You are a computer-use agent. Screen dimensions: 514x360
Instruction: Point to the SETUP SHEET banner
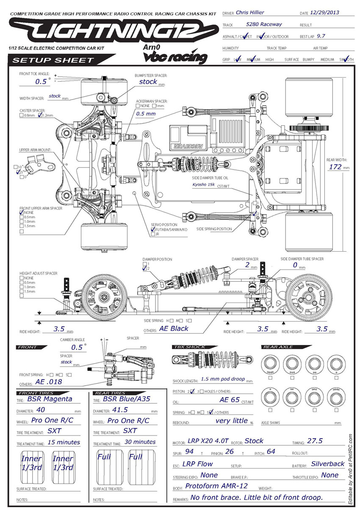tap(53, 60)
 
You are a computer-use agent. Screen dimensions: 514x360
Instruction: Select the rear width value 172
tap(335, 167)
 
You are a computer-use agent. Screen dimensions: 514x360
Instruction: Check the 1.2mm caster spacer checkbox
tap(40, 115)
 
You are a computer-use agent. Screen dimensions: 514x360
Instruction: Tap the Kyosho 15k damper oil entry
tap(203, 184)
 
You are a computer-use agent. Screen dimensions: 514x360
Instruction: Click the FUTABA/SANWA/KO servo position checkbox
tap(153, 229)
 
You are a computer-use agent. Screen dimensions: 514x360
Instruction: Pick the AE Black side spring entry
tap(174, 328)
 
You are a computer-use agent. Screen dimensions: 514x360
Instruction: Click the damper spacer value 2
tap(247, 265)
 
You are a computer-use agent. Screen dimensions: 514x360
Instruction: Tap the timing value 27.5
tap(315, 441)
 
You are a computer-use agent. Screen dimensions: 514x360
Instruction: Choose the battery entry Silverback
tap(327, 464)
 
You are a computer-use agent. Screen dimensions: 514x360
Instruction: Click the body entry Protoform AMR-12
tap(216, 486)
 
